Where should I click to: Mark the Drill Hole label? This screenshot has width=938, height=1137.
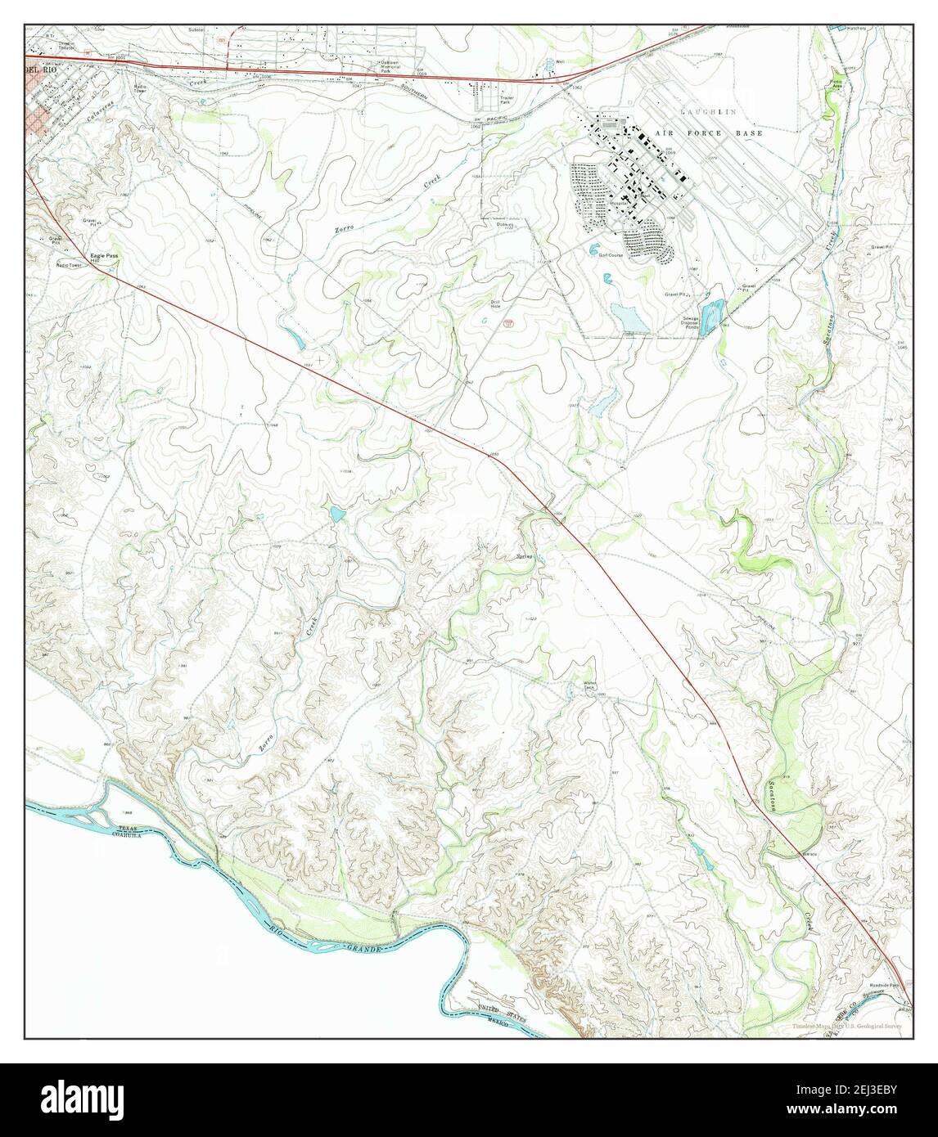495,304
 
